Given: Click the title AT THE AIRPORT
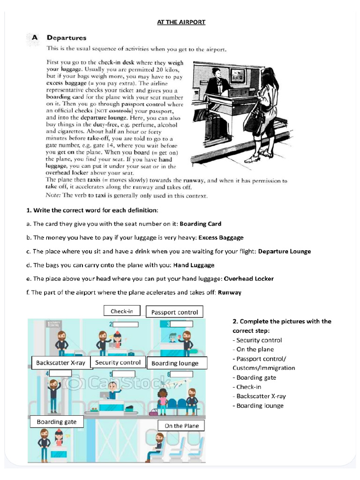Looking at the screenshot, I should click(x=181, y=22).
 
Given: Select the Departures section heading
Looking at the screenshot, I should click(x=66, y=38).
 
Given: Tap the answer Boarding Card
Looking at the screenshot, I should click(x=201, y=224).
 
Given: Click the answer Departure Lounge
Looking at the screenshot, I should click(x=285, y=251).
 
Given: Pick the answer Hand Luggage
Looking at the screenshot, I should click(x=194, y=265).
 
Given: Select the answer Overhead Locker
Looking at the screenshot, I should click(x=248, y=278).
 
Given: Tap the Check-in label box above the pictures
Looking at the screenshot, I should click(x=121, y=311).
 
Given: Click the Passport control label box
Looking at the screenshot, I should click(x=174, y=312).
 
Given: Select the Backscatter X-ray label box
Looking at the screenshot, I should click(x=60, y=362).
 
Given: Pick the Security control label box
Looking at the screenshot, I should click(x=118, y=362).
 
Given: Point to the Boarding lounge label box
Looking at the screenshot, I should click(x=175, y=363).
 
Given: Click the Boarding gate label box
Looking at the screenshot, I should click(x=56, y=421).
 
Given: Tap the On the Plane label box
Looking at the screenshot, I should click(x=181, y=426).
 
